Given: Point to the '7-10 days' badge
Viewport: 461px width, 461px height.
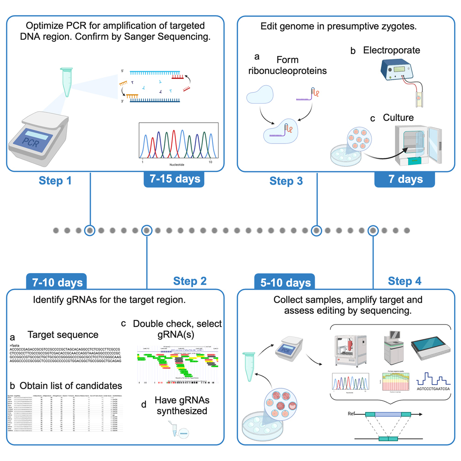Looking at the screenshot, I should pyautogui.click(x=57, y=282).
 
